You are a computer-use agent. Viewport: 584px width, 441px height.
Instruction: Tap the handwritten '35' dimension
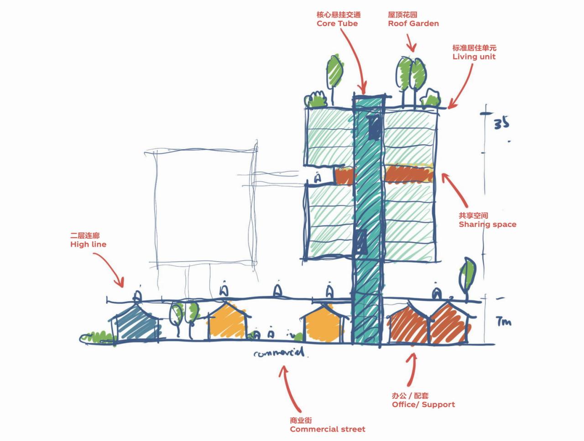tap(501, 123)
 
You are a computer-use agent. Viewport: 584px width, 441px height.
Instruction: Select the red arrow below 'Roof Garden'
tap(411, 44)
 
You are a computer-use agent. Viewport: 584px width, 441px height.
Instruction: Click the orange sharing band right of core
tap(408, 174)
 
